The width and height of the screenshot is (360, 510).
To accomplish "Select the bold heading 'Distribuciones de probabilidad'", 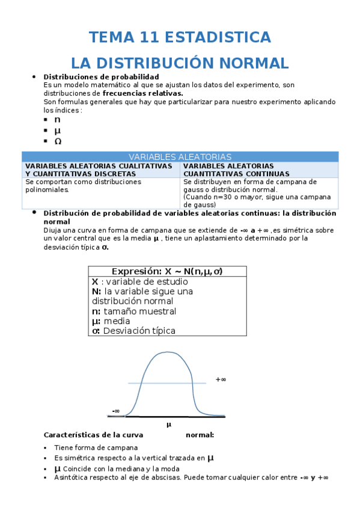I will (x=102, y=77).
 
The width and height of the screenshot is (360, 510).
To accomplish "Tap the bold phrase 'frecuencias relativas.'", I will (x=143, y=93).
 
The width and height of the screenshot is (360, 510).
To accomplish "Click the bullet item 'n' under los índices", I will (x=58, y=120).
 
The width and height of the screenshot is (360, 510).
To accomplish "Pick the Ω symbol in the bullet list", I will (x=58, y=141).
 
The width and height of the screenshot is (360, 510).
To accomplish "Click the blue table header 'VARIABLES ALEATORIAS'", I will (x=180, y=156).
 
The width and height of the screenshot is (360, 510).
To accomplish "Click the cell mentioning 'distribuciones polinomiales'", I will (x=84, y=185).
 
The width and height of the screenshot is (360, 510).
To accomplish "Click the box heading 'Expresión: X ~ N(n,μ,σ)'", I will (x=167, y=271).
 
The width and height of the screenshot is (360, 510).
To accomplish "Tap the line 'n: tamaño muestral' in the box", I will (x=134, y=311).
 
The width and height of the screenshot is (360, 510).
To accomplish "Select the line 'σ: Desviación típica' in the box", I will (x=133, y=331).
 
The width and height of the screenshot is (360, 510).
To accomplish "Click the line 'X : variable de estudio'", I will (x=139, y=281).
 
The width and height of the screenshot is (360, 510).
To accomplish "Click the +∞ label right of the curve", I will (x=221, y=379).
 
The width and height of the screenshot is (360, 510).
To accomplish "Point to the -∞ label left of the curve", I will (x=115, y=411).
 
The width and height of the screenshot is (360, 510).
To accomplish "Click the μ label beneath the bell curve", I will (x=169, y=424).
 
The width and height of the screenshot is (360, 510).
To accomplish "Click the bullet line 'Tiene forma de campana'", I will (x=96, y=447).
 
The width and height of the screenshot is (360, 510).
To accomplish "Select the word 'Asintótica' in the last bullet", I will (x=71, y=478).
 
